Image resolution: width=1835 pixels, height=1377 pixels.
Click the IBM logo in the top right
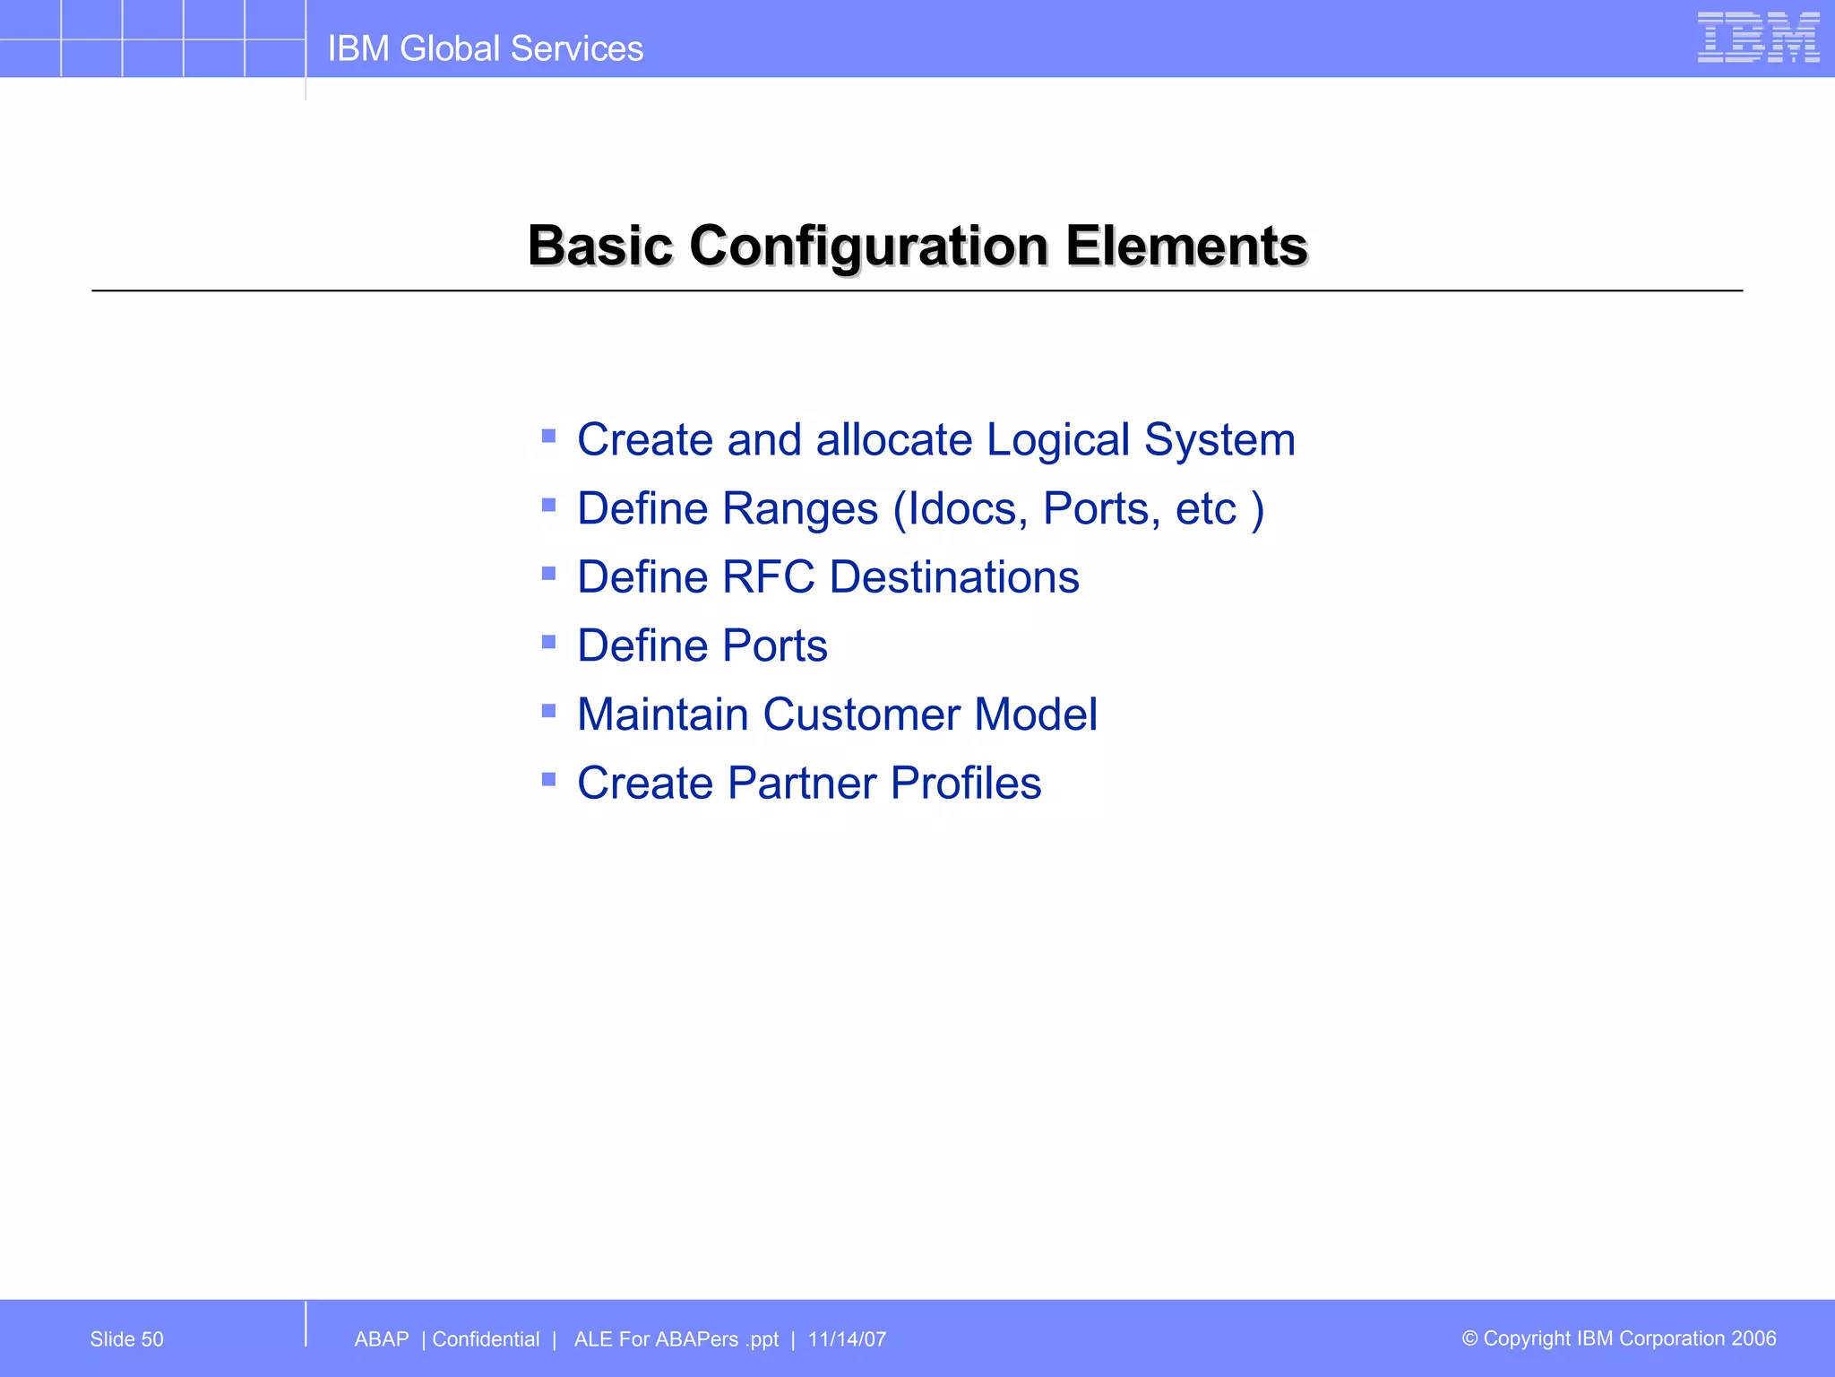(1758, 38)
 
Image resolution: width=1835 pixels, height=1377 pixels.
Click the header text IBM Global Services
(485, 48)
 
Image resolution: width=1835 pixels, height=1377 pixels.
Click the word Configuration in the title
(868, 246)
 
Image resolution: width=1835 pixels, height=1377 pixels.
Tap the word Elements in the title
(1186, 246)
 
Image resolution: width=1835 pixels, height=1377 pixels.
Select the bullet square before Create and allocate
(549, 437)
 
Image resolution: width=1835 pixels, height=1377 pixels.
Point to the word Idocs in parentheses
(967, 509)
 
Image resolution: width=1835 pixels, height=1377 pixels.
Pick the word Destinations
(954, 576)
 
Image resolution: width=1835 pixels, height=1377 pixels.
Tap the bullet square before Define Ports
(549, 642)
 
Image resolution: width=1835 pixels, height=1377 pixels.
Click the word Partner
(801, 783)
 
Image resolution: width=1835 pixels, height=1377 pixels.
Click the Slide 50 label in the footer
(126, 1339)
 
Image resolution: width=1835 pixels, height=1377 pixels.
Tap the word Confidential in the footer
(486, 1339)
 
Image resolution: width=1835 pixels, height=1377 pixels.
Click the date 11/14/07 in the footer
(847, 1339)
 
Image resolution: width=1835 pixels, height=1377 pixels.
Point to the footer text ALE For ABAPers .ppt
(676, 1339)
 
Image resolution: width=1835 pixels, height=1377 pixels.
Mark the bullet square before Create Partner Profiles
(549, 779)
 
